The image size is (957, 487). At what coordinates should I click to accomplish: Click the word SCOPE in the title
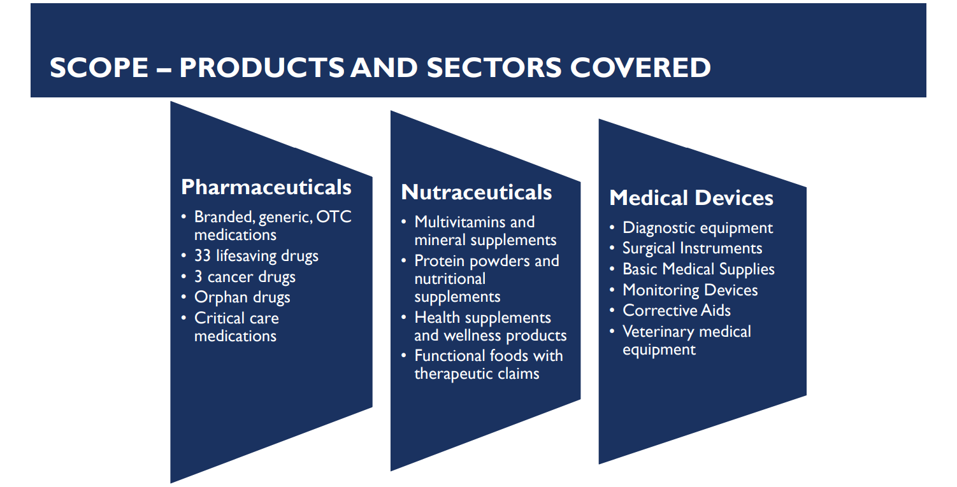pyautogui.click(x=99, y=67)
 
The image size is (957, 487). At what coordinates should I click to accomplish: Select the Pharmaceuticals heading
pyautogui.click(x=266, y=187)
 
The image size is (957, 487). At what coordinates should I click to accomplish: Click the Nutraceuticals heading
pyautogui.click(x=477, y=192)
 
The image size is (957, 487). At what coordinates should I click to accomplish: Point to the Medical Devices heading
pyautogui.click(x=691, y=197)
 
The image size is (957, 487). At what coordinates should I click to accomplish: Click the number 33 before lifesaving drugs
pyautogui.click(x=203, y=256)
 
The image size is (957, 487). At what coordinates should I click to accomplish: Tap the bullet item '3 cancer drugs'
pyautogui.click(x=245, y=276)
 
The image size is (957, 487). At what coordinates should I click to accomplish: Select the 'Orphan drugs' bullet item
pyautogui.click(x=242, y=297)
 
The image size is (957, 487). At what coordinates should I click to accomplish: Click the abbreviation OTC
pyautogui.click(x=334, y=217)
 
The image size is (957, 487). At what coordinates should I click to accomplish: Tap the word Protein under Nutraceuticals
pyautogui.click(x=439, y=261)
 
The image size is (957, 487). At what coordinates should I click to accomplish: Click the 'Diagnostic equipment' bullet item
pyautogui.click(x=698, y=228)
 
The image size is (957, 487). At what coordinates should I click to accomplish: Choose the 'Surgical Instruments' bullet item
pyautogui.click(x=692, y=248)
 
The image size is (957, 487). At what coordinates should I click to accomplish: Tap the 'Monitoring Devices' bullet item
pyautogui.click(x=690, y=290)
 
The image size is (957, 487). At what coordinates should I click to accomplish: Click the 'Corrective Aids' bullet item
pyautogui.click(x=676, y=310)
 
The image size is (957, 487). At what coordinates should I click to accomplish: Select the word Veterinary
pyautogui.click(x=658, y=332)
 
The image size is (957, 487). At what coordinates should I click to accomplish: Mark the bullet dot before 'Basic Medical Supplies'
pyautogui.click(x=612, y=269)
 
